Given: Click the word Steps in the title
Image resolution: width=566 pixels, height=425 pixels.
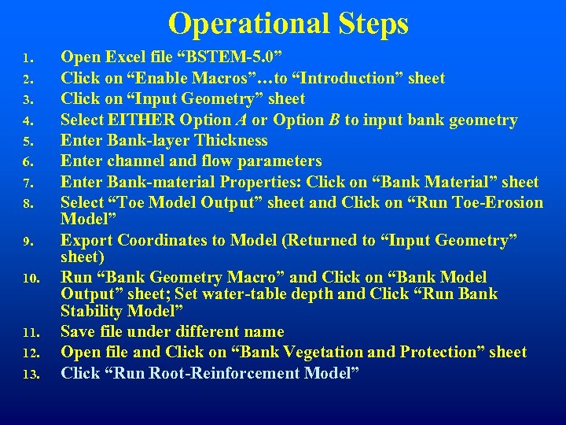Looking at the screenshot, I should pos(369,24).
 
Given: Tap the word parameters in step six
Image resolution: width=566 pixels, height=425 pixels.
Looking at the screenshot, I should pos(274,161).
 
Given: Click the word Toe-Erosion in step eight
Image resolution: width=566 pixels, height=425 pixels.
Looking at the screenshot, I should pos(493,203).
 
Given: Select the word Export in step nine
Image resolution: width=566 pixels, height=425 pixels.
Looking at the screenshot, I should pos(86,240).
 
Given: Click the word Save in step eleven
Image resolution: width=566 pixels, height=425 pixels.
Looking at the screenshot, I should pos(79,331).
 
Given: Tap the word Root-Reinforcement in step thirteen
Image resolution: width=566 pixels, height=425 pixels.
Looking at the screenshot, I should pos(245,372).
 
